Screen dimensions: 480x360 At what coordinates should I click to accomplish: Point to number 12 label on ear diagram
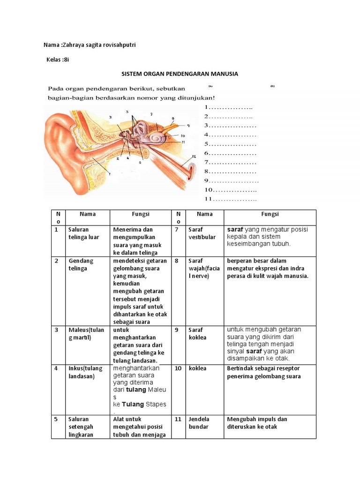[x=193, y=156]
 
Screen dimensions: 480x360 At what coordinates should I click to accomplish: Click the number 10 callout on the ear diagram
[x=183, y=135]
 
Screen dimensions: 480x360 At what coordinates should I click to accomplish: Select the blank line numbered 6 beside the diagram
[x=230, y=153]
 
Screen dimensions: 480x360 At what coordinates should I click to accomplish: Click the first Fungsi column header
[x=140, y=214]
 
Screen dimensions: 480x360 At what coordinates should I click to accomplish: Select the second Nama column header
[x=204, y=214]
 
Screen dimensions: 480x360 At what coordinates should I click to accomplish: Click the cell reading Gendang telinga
[x=81, y=264]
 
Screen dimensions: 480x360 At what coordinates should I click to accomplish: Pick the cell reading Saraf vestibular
[x=202, y=233]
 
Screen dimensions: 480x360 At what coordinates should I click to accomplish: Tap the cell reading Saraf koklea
[x=197, y=333]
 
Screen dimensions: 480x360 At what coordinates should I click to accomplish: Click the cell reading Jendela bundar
[x=199, y=423]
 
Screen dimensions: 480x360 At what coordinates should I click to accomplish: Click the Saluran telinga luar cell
[x=84, y=233]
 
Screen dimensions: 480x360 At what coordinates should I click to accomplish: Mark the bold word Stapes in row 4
[x=156, y=404]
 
